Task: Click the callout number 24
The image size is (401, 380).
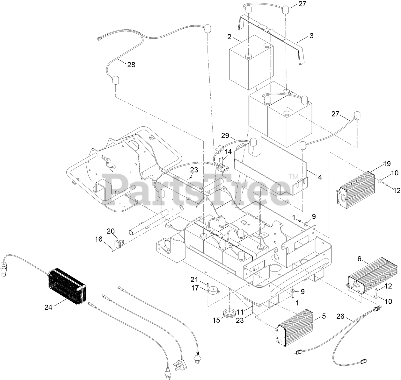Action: click(x=48, y=307)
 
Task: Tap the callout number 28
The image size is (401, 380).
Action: click(x=131, y=65)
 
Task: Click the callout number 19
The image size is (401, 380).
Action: click(x=387, y=164)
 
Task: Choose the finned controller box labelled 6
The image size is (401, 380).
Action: click(x=373, y=277)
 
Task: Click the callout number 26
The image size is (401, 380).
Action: click(x=341, y=317)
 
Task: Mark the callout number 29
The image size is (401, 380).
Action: click(x=225, y=136)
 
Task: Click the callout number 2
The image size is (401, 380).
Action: click(x=229, y=37)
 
